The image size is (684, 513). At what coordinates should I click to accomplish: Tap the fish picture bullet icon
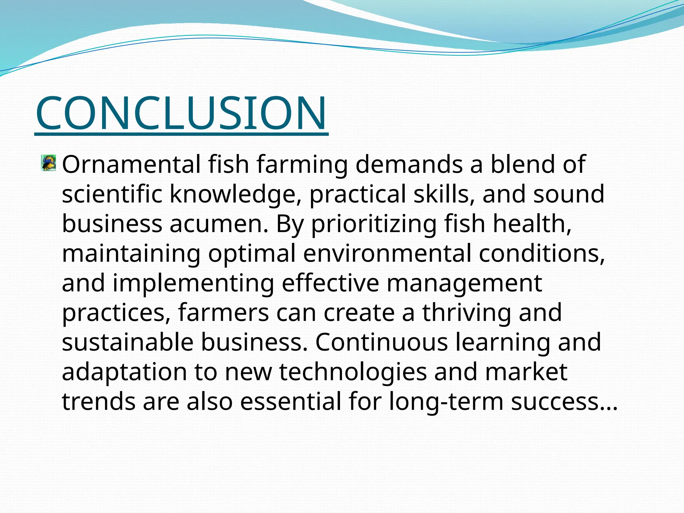click(49, 163)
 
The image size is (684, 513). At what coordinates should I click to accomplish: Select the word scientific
click(112, 194)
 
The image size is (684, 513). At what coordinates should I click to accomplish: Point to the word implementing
click(193, 284)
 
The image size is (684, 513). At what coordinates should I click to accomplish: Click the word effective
click(331, 283)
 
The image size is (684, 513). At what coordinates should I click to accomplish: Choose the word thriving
click(467, 313)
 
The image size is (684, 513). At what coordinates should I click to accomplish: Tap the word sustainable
click(128, 342)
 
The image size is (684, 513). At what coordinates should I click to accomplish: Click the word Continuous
click(381, 342)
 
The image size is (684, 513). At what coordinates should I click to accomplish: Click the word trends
click(99, 402)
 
